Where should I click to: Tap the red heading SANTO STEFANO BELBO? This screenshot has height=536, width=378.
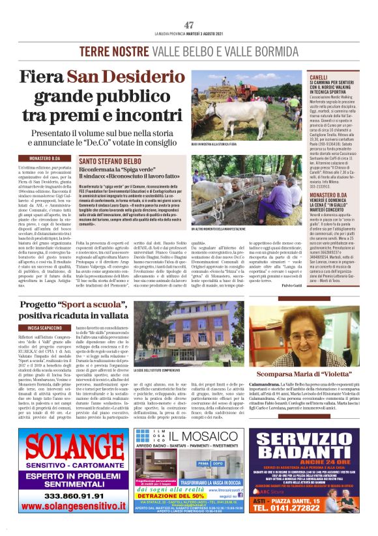(x=109, y=160)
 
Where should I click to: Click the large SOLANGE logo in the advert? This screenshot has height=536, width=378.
(x=65, y=446)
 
